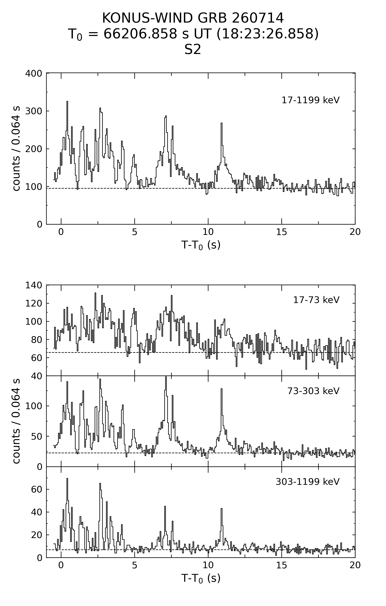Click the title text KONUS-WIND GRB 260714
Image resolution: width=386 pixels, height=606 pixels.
click(x=193, y=18)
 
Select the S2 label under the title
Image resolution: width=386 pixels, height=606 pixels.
click(x=193, y=50)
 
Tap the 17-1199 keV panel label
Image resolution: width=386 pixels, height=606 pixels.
click(x=310, y=100)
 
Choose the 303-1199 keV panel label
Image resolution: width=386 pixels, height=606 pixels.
click(x=308, y=482)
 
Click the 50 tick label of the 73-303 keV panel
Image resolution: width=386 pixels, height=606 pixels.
click(x=37, y=436)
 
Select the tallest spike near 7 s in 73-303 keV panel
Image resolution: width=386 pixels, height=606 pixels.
click(x=166, y=377)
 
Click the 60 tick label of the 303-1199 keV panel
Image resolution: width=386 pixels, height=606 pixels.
click(x=37, y=489)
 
